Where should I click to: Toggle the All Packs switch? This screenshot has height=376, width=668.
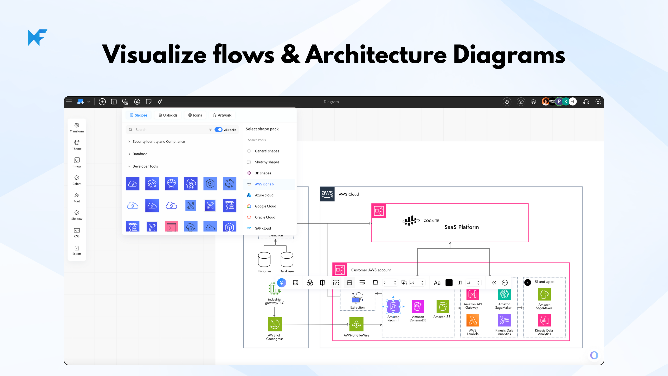pos(218,130)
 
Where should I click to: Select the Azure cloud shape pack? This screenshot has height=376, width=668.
pos(264,195)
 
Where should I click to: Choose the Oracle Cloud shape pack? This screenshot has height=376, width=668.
pos(265,217)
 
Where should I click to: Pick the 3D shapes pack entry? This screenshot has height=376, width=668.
pos(263,173)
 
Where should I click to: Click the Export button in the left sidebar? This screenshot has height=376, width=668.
pos(77,250)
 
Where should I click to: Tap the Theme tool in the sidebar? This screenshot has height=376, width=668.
pos(77,145)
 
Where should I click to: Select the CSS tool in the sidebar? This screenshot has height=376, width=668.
pos(77,232)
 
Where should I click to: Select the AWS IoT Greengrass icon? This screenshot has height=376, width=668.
pos(274,324)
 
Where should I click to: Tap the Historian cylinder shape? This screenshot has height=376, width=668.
pos(264,259)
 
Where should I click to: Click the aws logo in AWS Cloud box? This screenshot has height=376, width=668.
pos(327,194)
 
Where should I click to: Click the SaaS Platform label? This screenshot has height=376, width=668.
pos(461,227)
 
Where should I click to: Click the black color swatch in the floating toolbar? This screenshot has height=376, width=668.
pos(449,283)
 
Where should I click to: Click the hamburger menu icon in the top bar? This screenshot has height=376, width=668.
pos(69,102)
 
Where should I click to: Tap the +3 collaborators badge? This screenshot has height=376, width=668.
pos(573,102)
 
